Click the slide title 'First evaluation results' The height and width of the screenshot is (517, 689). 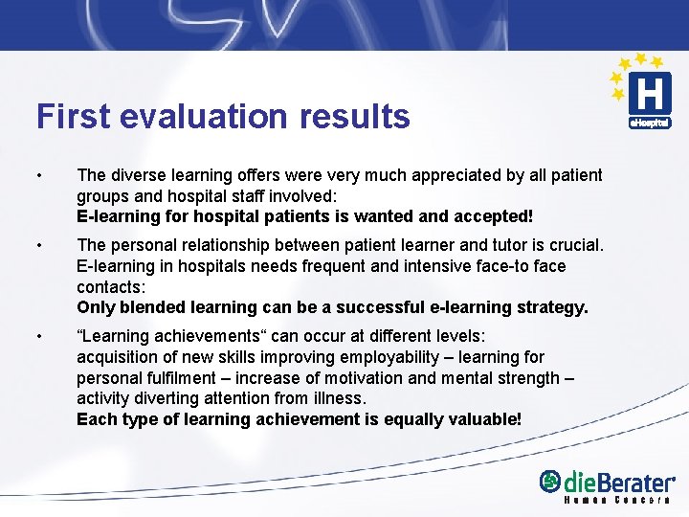tap(223, 117)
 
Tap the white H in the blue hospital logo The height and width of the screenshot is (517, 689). tap(650, 95)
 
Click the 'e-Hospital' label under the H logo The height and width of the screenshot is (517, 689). tap(650, 123)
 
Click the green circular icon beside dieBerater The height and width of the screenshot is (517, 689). tap(550, 482)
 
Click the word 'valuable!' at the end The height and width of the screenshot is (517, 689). tap(484, 419)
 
